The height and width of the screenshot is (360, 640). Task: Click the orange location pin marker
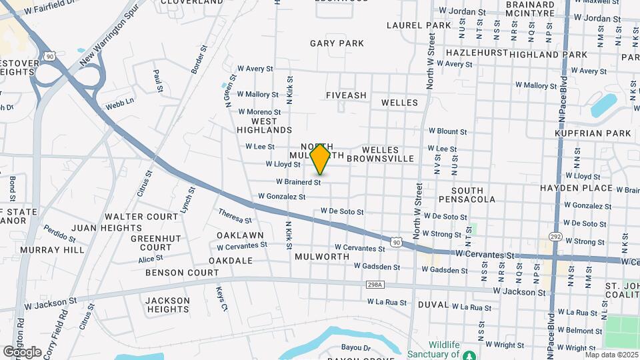(321, 159)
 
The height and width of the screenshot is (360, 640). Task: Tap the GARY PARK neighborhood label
(337, 43)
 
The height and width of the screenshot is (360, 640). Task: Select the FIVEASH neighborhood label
(346, 95)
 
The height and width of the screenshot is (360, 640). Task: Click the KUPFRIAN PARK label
(593, 133)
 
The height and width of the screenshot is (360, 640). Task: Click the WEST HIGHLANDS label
(264, 125)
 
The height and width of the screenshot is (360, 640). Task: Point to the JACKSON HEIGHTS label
(167, 305)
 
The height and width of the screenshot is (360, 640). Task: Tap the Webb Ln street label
(119, 104)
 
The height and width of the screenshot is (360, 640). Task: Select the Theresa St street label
(235, 216)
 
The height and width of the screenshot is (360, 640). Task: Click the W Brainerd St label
(298, 181)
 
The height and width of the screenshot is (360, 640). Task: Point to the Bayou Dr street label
(356, 347)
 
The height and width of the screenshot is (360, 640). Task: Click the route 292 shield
(555, 237)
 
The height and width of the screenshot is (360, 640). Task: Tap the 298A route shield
(375, 285)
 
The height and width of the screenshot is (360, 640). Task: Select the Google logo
(22, 351)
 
